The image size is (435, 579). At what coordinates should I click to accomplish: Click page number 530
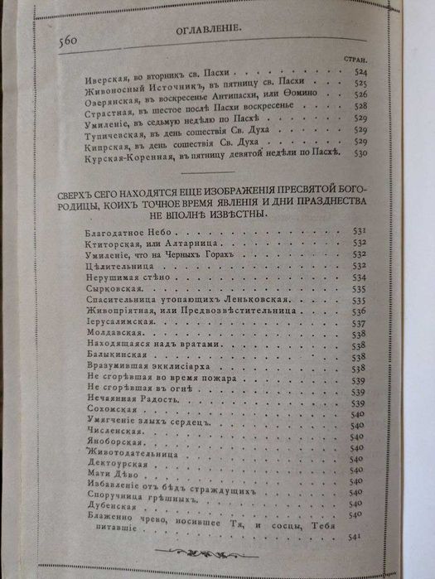point(359,153)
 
